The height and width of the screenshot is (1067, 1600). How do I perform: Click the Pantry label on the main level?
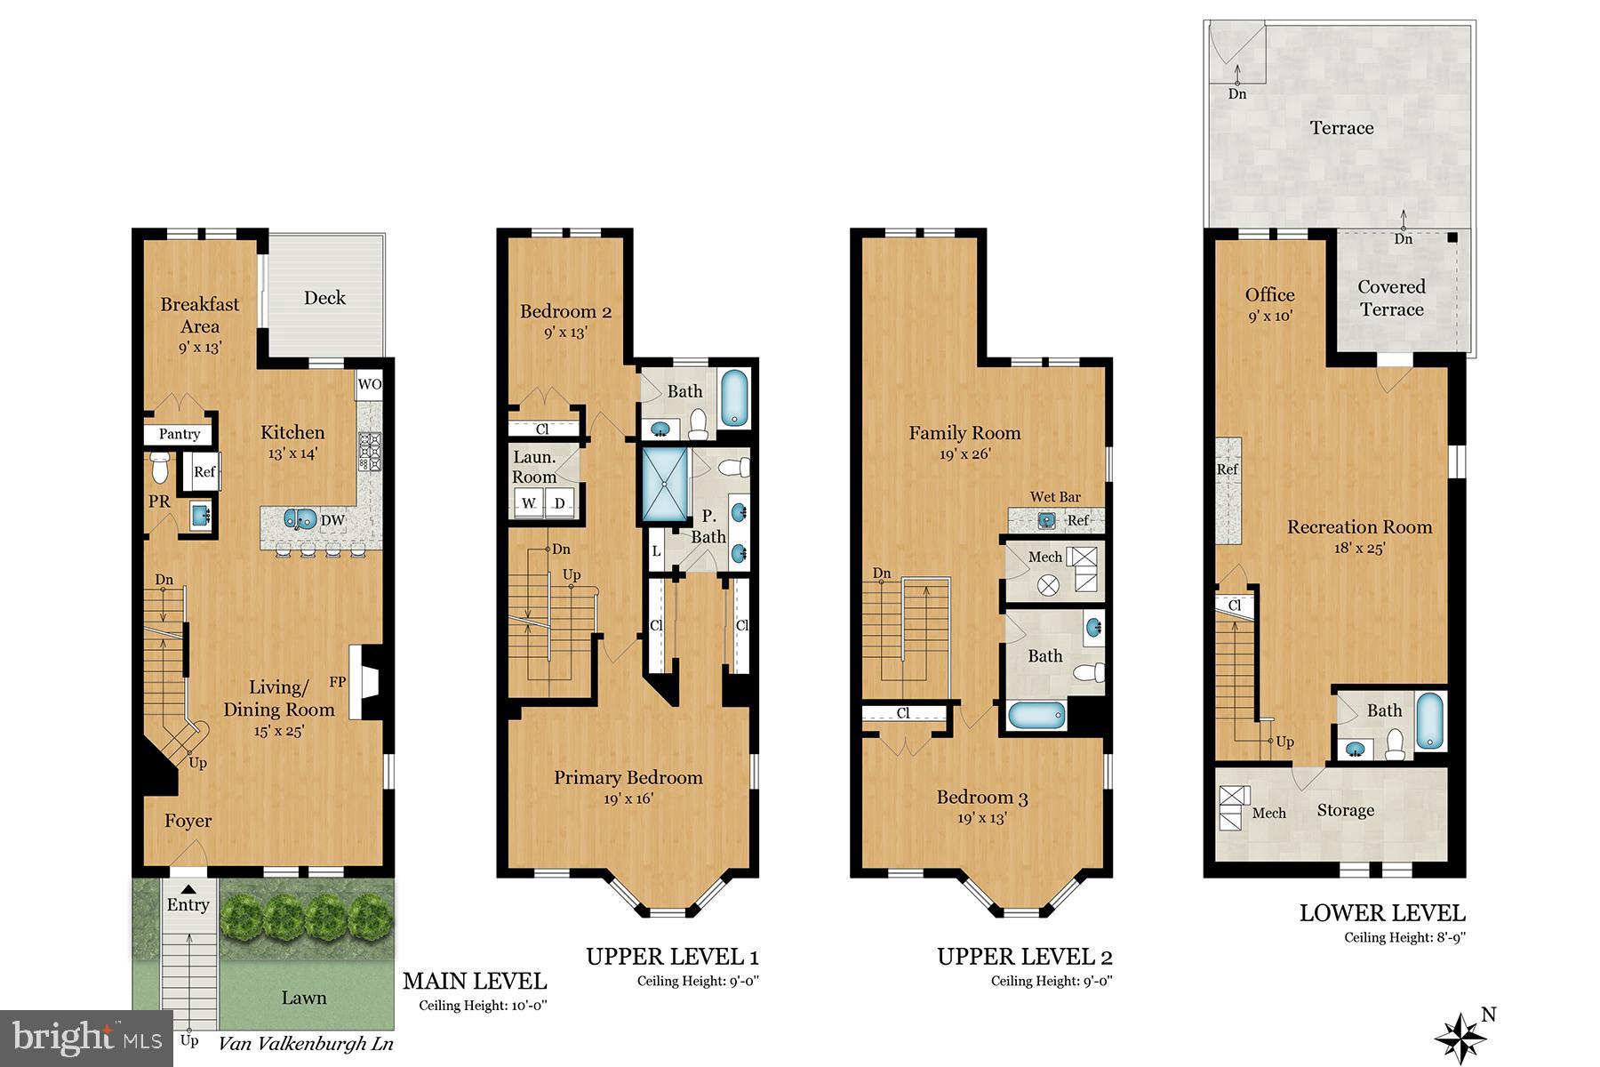point(179,434)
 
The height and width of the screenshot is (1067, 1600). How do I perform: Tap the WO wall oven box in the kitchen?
point(369,385)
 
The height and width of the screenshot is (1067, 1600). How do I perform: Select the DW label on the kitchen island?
point(332,521)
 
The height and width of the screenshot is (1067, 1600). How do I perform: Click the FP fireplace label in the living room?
point(337,682)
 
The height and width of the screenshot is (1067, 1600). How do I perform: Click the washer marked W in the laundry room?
point(530,503)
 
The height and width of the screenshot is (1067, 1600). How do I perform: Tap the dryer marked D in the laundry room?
point(561,503)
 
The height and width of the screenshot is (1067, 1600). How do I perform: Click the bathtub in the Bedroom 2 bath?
point(734,399)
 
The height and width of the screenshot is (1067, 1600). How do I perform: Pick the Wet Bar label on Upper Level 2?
point(1055,496)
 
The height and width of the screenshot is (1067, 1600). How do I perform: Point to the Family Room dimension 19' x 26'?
point(964,453)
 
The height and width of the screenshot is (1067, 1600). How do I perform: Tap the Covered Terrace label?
point(1391,298)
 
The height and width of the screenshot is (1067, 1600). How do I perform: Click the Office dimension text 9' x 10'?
point(1269,316)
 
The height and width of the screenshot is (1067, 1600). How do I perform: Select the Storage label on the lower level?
point(1345,810)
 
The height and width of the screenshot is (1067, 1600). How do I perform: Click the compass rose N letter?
point(1490,1015)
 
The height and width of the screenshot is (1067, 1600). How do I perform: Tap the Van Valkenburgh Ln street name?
point(306,1044)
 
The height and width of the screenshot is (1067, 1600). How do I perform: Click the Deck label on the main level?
point(324,298)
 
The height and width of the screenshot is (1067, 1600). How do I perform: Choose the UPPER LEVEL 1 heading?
point(672,957)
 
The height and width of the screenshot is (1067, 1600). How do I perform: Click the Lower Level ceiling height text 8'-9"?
point(1404,937)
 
